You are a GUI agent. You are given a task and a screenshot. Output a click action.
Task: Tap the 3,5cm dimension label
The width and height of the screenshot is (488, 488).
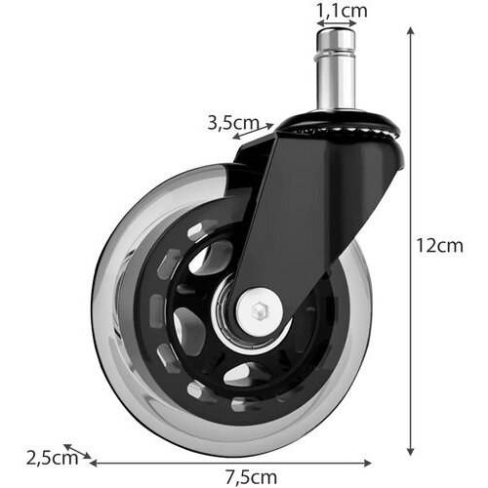click(233, 123)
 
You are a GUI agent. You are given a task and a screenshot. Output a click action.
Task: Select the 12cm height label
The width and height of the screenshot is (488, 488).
click(440, 246)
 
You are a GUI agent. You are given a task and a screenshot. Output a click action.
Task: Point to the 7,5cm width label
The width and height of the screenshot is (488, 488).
click(251, 477)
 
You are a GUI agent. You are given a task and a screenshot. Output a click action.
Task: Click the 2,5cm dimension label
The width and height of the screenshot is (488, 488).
click(53, 458)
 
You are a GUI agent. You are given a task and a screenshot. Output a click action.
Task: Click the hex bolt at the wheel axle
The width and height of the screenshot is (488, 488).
click(260, 309)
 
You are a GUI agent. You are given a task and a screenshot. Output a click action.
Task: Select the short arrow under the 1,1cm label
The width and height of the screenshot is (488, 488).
click(337, 23)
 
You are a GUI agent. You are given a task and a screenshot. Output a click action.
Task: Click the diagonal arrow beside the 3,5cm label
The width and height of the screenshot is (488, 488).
click(253, 132)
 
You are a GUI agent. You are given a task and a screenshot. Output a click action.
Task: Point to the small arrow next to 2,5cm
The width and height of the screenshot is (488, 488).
click(77, 451)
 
